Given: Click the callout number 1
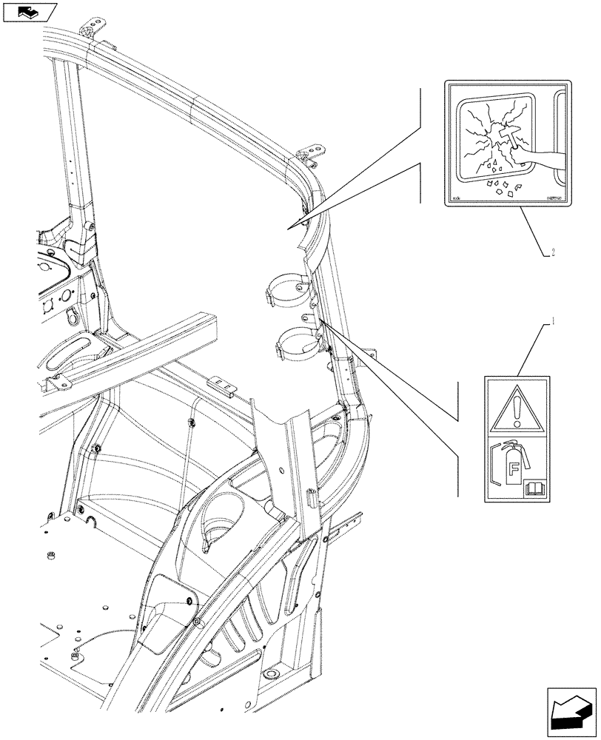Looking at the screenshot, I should (x=551, y=322).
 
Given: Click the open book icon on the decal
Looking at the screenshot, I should (x=533, y=488).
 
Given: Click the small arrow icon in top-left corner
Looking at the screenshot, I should (x=29, y=12).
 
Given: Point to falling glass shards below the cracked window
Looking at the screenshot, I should (x=503, y=185).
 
